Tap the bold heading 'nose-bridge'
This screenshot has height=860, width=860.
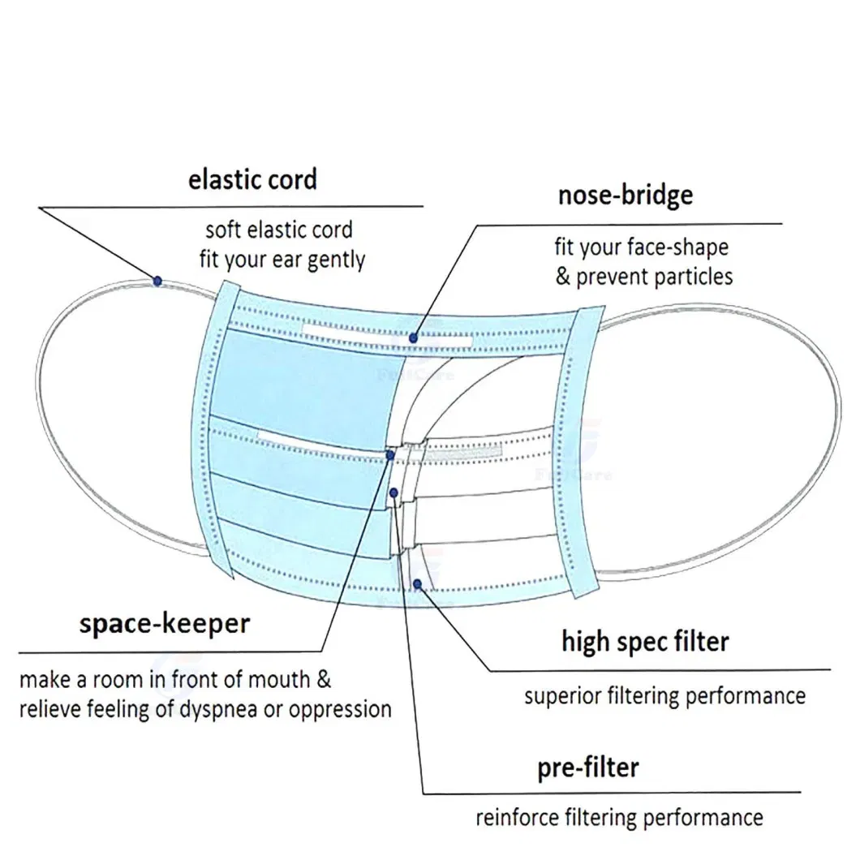pyautogui.click(x=625, y=196)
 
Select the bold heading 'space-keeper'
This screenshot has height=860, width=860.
pyautogui.click(x=165, y=624)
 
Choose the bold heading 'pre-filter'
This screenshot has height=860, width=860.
pyautogui.click(x=588, y=767)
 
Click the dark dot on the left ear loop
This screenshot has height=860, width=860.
pyautogui.click(x=157, y=280)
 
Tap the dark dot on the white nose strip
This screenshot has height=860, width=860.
pyautogui.click(x=414, y=338)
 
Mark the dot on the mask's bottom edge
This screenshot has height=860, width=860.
pyautogui.click(x=417, y=583)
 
